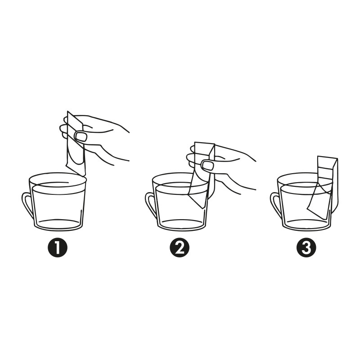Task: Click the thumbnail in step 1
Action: point(81,136)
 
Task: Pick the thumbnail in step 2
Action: point(207,166)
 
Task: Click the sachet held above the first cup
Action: point(76,142)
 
